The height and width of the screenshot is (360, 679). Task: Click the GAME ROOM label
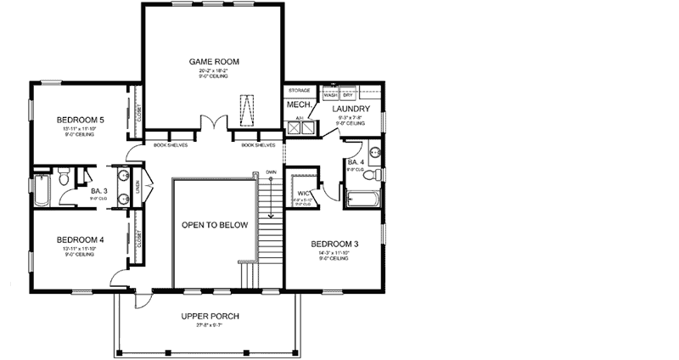coord(213,62)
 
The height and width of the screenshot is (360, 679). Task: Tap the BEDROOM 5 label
coord(80,121)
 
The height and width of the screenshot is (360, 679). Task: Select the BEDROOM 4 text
coord(80,240)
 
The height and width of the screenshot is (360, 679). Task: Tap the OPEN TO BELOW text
coord(215,226)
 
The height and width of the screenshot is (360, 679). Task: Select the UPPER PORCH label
coord(210,317)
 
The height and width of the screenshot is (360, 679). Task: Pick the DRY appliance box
coord(348,95)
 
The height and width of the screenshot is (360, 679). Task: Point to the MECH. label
coord(297,105)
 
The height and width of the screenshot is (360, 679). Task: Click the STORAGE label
coord(299,89)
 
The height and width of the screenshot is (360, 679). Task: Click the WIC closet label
coord(302,193)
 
